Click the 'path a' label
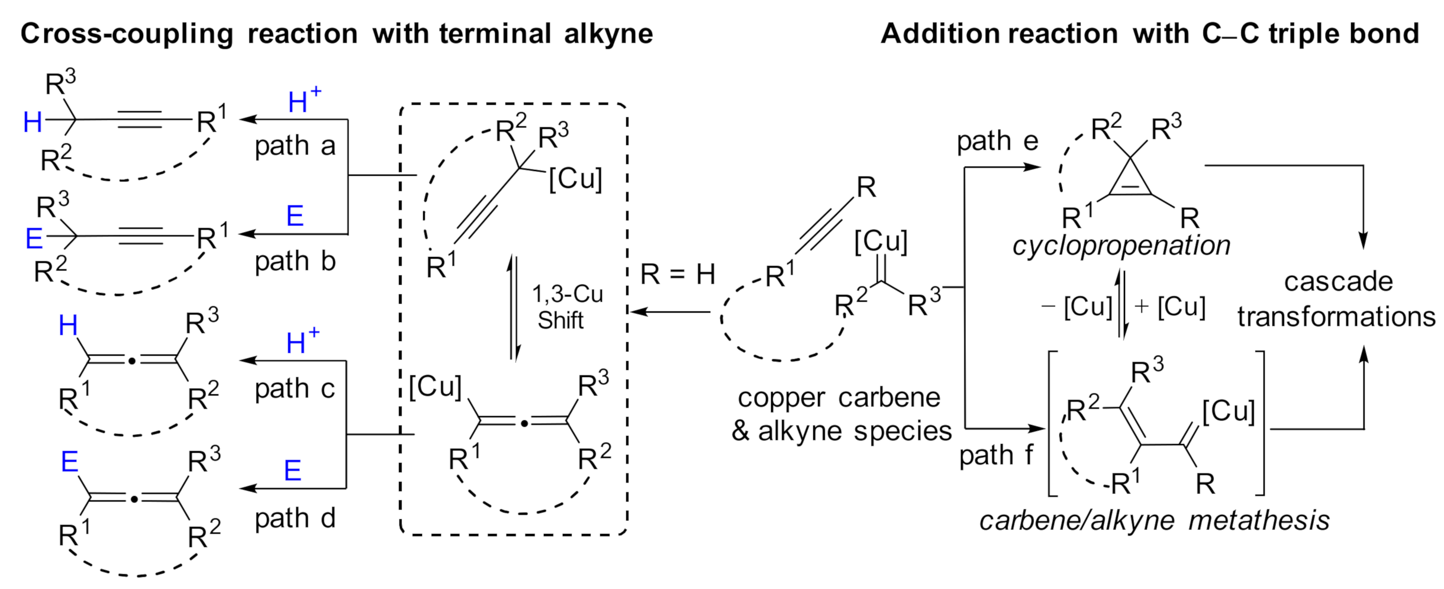pyautogui.click(x=295, y=146)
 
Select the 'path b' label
pyautogui.click(x=295, y=261)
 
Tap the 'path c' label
pyautogui.click(x=295, y=389)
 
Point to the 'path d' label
pyautogui.click(x=295, y=519)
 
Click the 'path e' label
pyautogui.click(x=997, y=141)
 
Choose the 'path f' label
pyautogui.click(x=995, y=455)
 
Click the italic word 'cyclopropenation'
pyautogui.click(x=1121, y=246)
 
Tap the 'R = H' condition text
pyautogui.click(x=678, y=275)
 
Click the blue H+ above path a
pyautogui.click(x=304, y=101)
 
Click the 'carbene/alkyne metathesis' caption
pyautogui.click(x=1154, y=521)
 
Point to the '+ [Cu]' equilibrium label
pyautogui.click(x=1169, y=307)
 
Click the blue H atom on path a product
pyautogui.click(x=33, y=123)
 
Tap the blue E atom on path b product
pyautogui.click(x=34, y=239)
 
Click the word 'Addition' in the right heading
pyautogui.click(x=940, y=34)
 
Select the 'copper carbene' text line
pyautogui.click(x=839, y=398)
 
